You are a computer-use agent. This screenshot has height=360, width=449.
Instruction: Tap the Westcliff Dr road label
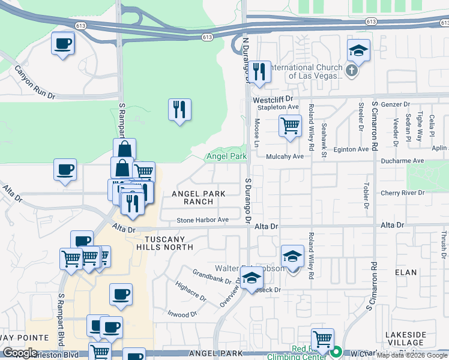click(x=272, y=98)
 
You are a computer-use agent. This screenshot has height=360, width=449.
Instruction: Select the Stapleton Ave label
click(x=278, y=107)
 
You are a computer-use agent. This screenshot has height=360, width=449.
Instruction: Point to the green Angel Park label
click(x=226, y=157)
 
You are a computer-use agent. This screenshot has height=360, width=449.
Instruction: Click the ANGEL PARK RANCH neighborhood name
click(x=198, y=197)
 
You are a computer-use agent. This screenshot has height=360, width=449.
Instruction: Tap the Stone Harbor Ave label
click(x=202, y=220)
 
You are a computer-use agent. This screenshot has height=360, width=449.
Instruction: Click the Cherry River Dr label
click(x=402, y=193)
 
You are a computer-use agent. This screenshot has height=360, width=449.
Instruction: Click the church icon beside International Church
click(x=352, y=71)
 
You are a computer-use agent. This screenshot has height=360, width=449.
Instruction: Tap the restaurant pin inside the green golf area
click(x=179, y=109)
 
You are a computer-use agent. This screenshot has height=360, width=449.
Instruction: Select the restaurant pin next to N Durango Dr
click(x=259, y=72)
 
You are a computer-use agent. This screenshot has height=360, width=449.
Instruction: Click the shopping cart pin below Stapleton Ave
click(x=290, y=126)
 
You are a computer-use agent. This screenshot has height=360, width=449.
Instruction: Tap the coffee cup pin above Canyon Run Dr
click(x=63, y=44)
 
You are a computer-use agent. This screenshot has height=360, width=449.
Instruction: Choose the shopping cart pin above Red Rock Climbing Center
click(x=322, y=339)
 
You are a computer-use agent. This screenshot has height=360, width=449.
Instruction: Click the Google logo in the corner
click(x=20, y=353)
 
